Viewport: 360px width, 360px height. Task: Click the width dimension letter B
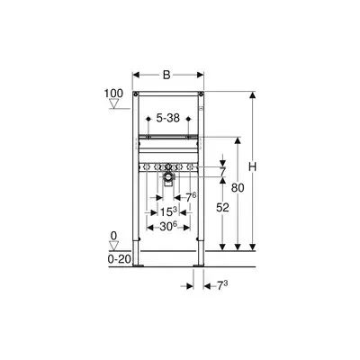(166, 75)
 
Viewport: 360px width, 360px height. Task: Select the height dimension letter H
(253, 166)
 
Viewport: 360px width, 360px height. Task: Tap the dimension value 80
(238, 188)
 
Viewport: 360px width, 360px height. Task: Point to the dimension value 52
(222, 207)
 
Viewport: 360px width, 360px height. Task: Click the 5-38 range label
(168, 118)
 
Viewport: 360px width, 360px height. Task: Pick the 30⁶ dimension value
(168, 227)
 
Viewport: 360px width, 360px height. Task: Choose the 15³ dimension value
(168, 211)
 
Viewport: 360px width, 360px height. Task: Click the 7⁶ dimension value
(191, 197)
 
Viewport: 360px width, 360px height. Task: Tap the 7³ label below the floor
(222, 286)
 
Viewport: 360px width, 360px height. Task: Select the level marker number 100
(113, 94)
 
